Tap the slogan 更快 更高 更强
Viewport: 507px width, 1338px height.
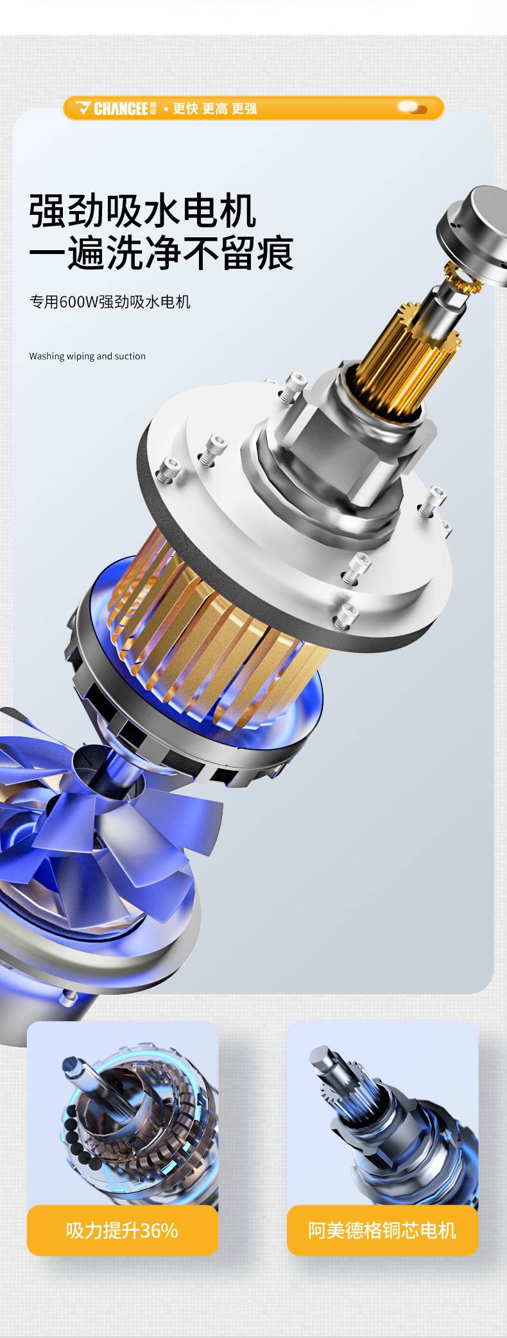(x=215, y=108)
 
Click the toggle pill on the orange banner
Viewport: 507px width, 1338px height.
(x=412, y=108)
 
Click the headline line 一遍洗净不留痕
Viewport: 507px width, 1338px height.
(x=161, y=253)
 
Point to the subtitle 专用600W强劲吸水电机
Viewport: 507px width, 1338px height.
(x=110, y=301)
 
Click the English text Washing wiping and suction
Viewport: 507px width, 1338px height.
(x=87, y=356)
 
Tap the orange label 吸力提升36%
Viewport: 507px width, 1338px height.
(x=123, y=1230)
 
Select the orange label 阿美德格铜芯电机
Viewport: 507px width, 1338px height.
(x=382, y=1230)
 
